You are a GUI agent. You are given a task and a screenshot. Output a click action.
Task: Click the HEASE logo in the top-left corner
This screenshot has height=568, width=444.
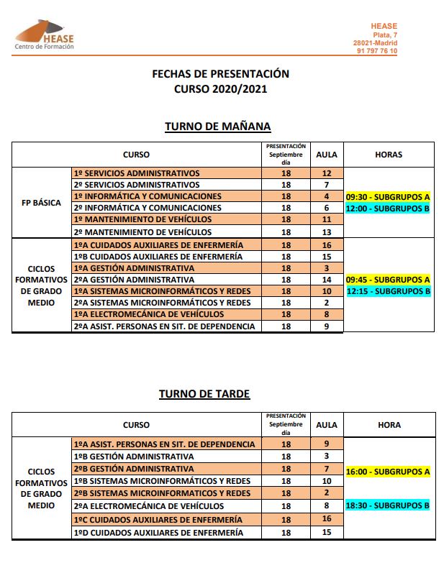[45, 35]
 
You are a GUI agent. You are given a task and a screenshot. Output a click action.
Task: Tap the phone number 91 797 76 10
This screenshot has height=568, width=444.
[376, 51]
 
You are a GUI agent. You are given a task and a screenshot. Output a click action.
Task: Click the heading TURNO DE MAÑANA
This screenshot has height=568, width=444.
[217, 127]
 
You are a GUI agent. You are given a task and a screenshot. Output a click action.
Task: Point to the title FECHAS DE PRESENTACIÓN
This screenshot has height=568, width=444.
[220, 73]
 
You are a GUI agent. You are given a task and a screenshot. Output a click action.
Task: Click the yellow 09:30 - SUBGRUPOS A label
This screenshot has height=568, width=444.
[388, 196]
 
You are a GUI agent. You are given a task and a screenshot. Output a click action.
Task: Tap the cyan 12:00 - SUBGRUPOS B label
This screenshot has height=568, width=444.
[388, 208]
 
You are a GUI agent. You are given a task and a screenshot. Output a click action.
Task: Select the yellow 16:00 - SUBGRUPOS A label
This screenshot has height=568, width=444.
[388, 472]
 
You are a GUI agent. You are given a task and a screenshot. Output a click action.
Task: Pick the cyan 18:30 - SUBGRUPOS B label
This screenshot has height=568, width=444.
[388, 505]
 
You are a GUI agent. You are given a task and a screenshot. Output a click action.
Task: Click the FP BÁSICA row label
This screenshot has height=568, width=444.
[41, 202]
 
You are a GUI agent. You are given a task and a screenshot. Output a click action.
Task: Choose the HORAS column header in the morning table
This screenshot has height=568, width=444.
[389, 154]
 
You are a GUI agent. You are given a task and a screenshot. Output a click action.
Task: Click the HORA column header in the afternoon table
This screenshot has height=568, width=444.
[389, 425]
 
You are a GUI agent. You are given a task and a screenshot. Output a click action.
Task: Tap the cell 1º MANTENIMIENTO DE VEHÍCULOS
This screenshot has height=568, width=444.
[142, 219]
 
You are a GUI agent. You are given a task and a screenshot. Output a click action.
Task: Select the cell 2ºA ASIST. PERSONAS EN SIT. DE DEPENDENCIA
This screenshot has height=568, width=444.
[164, 326]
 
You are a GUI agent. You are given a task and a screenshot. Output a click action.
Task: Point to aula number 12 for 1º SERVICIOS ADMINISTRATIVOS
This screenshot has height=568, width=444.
[327, 173]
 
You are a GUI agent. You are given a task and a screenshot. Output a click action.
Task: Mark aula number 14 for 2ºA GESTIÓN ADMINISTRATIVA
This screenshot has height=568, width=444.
[327, 280]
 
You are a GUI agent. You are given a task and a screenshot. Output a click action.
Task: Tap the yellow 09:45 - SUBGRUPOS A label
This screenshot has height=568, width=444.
[388, 280]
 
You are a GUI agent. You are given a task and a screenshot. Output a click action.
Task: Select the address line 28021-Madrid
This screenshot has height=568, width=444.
[375, 43]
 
